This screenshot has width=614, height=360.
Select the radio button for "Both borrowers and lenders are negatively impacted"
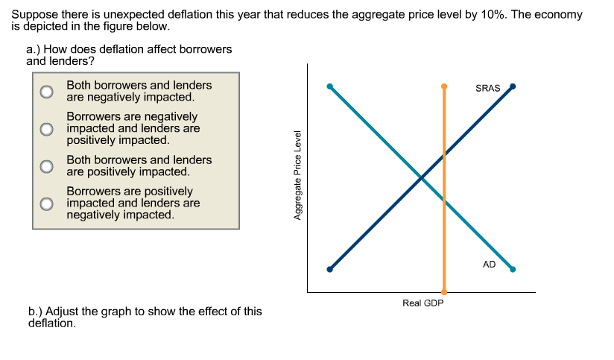[47, 92]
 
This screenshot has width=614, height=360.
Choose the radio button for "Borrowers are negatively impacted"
[47, 128]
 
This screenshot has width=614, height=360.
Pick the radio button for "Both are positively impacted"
[47, 165]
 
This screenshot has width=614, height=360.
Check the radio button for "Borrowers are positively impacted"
[47, 203]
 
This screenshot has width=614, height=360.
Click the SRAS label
[487, 89]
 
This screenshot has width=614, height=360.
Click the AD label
[489, 264]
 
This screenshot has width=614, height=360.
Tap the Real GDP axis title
[422, 303]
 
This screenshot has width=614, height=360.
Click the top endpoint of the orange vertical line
[444, 86]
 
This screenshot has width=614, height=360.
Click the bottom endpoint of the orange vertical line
[444, 291]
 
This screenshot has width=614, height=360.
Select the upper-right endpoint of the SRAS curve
[513, 86]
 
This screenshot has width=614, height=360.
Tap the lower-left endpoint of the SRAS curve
[330, 269]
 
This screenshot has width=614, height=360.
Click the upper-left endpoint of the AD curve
[330, 86]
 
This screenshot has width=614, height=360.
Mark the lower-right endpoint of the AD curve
[513, 269]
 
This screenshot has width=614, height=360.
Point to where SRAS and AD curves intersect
[421, 178]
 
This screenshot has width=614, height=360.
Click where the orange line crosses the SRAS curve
[444, 155]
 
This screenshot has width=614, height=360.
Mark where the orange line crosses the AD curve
[444, 200]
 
